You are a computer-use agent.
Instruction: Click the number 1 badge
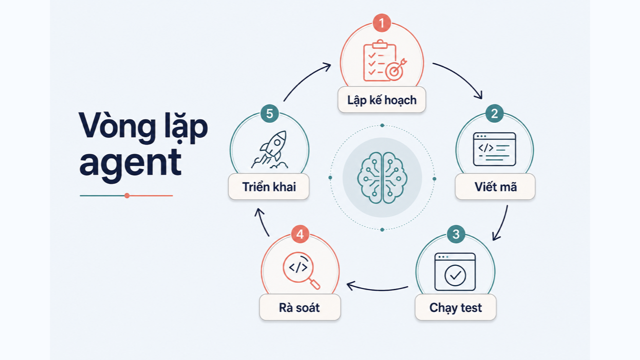click(x=382, y=23)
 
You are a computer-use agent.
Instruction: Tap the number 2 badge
click(x=494, y=113)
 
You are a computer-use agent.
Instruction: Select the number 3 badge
click(x=456, y=234)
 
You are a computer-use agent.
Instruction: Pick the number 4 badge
click(x=300, y=234)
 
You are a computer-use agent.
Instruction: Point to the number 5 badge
click(x=269, y=113)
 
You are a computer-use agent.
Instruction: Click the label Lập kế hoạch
click(x=382, y=100)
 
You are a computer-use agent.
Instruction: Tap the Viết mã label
click(x=495, y=187)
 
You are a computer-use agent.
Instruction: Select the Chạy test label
click(x=456, y=308)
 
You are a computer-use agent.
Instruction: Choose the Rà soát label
click(x=299, y=308)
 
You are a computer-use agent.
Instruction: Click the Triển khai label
click(x=269, y=187)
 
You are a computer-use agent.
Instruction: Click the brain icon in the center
click(x=382, y=178)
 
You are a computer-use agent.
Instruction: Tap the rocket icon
click(x=270, y=150)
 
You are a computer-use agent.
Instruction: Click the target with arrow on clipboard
click(x=395, y=70)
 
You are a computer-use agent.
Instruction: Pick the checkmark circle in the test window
click(x=455, y=275)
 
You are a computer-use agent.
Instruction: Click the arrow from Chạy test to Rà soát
click(x=377, y=290)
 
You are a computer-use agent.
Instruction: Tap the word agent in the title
click(x=130, y=164)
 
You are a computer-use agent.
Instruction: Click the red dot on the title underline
click(x=127, y=195)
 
